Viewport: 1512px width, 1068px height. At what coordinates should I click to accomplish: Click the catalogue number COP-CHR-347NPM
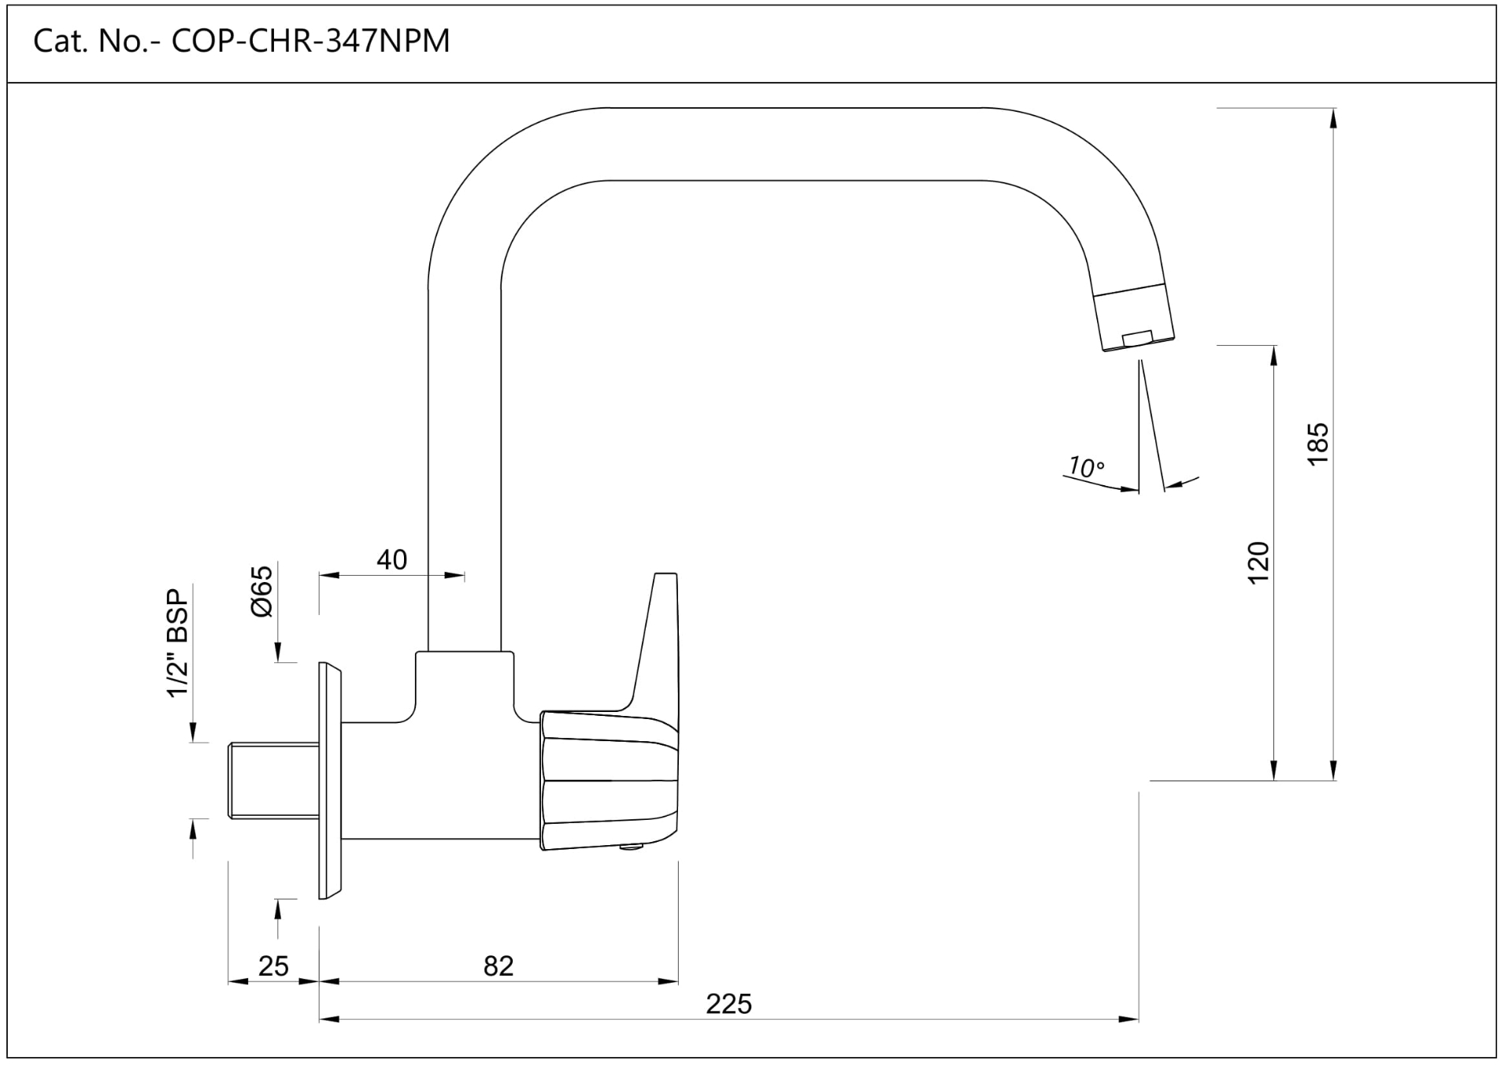click(310, 41)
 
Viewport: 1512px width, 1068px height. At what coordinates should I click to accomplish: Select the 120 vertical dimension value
click(1259, 562)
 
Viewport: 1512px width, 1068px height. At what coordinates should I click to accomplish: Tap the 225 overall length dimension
click(728, 1004)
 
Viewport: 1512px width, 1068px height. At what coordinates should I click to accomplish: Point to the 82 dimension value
click(498, 966)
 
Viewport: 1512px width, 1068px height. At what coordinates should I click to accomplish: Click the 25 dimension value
click(273, 966)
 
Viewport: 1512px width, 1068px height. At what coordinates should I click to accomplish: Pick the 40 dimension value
click(391, 560)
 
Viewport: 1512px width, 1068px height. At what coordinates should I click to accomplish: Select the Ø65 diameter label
click(262, 591)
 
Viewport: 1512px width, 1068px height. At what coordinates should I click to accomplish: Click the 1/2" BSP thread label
click(179, 643)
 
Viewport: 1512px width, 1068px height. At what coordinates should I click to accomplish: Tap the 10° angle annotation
click(1086, 467)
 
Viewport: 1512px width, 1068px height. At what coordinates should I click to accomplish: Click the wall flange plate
click(329, 781)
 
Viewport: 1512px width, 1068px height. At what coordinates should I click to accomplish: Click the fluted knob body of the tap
click(610, 780)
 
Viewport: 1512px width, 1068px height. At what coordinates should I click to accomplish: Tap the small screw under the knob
click(632, 847)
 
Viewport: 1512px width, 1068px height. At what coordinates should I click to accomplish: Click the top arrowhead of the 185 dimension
click(1333, 117)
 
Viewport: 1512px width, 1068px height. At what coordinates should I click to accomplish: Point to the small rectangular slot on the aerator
click(1137, 338)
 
